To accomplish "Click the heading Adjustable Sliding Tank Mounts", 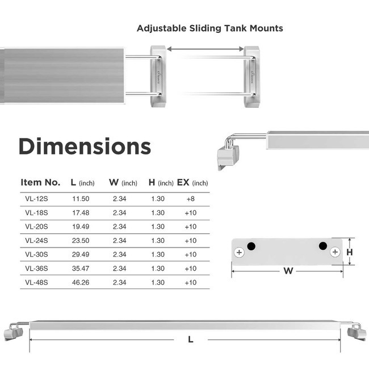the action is (x=210, y=28).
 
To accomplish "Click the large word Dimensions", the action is (x=85, y=146).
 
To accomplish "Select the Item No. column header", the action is (x=40, y=182).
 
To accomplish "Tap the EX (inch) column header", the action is (x=192, y=183).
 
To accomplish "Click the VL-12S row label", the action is (x=36, y=199).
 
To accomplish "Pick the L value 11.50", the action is (x=81, y=199).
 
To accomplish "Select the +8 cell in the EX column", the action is (x=191, y=199).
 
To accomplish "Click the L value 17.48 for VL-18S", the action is (x=81, y=213).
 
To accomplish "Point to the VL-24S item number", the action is (x=36, y=241).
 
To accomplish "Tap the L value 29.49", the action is (x=81, y=254).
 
